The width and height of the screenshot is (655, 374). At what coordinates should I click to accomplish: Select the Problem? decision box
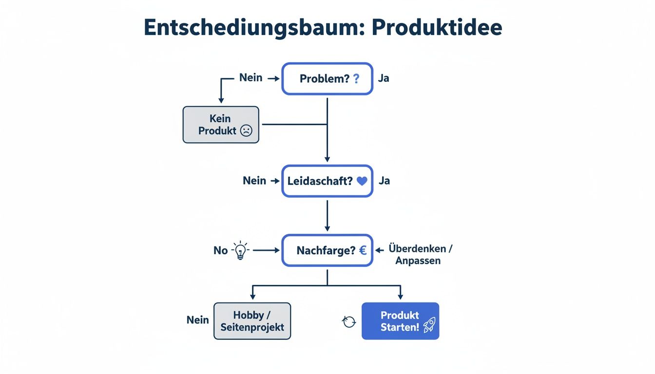coord(327,78)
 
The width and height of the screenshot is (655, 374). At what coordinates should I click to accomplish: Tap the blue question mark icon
coord(356,78)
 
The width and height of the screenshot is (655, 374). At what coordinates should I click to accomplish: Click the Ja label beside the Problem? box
coord(384,78)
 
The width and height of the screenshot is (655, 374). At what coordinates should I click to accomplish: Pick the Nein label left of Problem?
coord(250,78)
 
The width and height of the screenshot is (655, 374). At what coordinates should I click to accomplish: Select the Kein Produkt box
coord(221,125)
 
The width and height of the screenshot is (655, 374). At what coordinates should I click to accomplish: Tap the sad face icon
coord(247,131)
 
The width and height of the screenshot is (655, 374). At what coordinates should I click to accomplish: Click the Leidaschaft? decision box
coord(327,181)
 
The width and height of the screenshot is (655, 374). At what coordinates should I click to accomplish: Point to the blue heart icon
coord(362,181)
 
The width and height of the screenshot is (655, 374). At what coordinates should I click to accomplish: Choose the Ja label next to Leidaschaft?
coord(384,181)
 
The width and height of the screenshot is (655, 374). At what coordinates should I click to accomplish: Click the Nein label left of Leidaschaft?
coord(254,181)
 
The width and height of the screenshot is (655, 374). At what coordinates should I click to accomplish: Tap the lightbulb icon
coord(240,250)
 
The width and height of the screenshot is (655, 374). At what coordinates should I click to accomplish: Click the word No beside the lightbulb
coord(220,250)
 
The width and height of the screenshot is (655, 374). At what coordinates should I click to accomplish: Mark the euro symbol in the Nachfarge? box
coord(363,250)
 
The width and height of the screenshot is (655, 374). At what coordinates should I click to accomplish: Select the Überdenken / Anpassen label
coord(421,254)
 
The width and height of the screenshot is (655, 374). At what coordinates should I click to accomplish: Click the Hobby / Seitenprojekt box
coord(252,321)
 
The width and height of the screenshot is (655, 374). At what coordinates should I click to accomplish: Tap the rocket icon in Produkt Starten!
coord(429,325)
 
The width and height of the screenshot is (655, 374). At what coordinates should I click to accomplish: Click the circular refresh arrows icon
coord(349,321)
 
